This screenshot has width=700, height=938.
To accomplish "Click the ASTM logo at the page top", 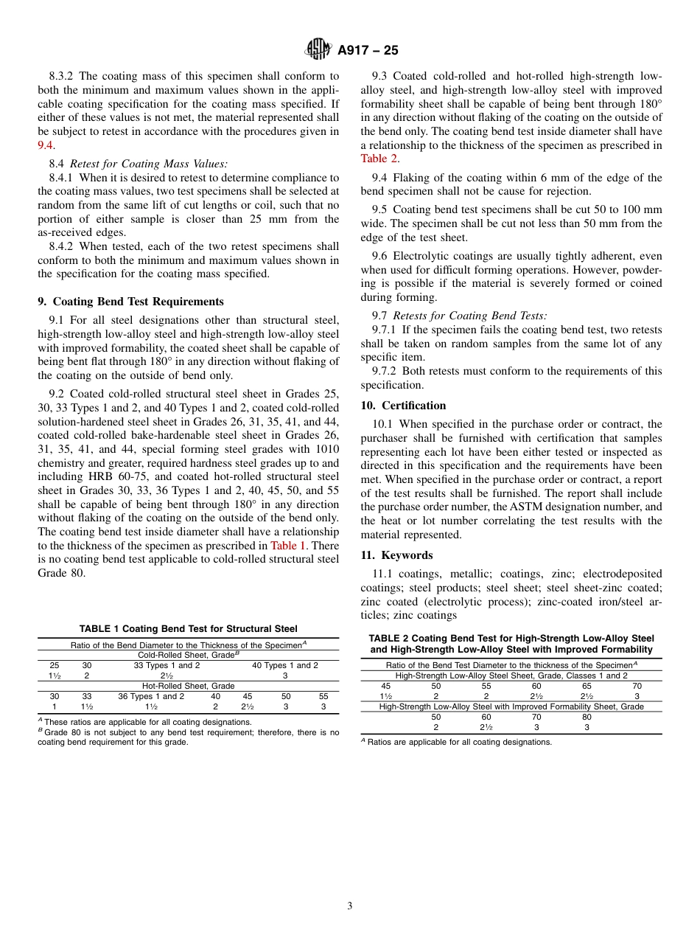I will [x=318, y=49].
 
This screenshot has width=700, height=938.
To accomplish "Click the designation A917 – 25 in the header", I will [x=368, y=50].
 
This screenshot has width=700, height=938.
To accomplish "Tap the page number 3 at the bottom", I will [x=350, y=906].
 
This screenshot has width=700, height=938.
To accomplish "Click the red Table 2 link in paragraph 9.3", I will [x=379, y=159].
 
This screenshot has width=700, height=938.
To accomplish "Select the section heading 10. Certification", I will [x=403, y=406].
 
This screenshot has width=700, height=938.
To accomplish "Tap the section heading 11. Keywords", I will [x=396, y=555].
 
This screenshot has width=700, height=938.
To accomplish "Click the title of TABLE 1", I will [x=188, y=629].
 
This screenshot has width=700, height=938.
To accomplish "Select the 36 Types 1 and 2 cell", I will [x=151, y=696].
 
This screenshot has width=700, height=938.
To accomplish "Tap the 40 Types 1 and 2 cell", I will [x=285, y=665].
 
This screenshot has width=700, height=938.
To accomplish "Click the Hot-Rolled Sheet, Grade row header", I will [x=188, y=686].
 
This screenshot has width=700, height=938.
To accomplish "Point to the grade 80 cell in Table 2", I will [x=587, y=717].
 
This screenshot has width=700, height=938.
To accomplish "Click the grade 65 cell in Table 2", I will [x=587, y=686].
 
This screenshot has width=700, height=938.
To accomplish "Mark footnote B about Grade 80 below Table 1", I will [x=188, y=737].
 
